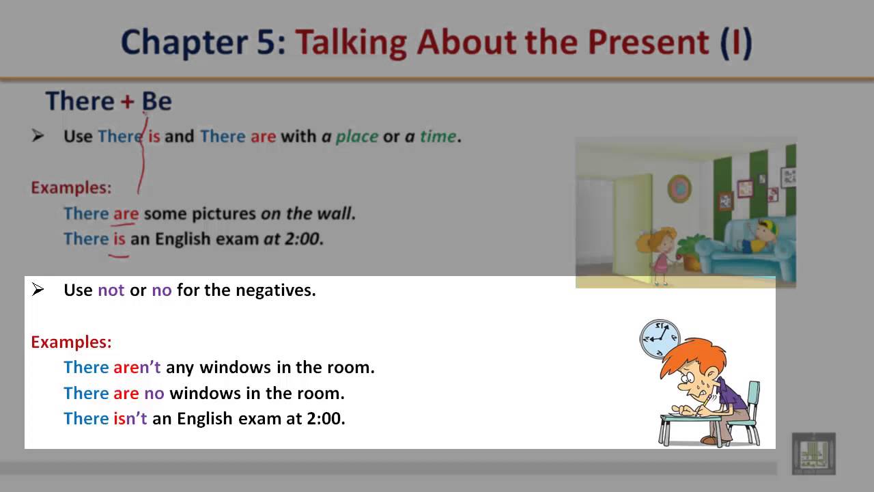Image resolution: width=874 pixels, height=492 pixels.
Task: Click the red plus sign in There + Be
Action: [x=128, y=101]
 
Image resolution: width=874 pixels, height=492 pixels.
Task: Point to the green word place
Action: [x=356, y=136]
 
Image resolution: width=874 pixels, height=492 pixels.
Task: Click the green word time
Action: [x=438, y=136]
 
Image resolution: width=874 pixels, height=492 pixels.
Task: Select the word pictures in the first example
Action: [x=223, y=213]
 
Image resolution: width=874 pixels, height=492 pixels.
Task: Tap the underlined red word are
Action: [x=126, y=213]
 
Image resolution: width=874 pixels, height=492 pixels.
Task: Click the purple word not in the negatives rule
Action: [x=111, y=290]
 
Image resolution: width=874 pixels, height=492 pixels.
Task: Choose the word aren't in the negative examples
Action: [x=137, y=367]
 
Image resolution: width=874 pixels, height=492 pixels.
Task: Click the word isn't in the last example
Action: [x=130, y=418]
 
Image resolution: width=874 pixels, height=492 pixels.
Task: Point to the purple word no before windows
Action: [x=154, y=393]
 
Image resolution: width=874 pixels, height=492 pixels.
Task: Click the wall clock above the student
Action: [x=660, y=338]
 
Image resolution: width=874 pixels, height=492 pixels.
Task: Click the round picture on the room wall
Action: [x=679, y=188]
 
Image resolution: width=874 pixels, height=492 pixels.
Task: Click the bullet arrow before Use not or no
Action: [x=38, y=290]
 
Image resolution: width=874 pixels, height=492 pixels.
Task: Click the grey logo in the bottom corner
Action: [x=813, y=453]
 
